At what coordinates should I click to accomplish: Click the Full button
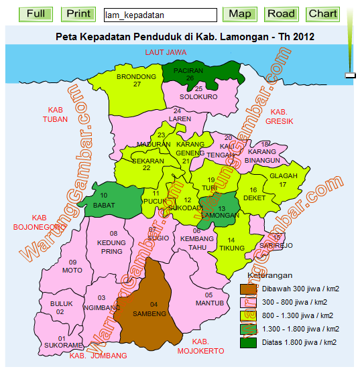36,14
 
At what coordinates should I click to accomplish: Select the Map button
240,14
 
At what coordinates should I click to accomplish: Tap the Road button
280,14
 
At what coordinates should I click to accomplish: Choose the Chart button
323,14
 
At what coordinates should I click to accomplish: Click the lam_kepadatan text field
160,15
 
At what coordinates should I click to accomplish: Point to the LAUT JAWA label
165,52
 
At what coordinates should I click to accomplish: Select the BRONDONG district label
136,77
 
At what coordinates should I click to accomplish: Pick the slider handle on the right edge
350,76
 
